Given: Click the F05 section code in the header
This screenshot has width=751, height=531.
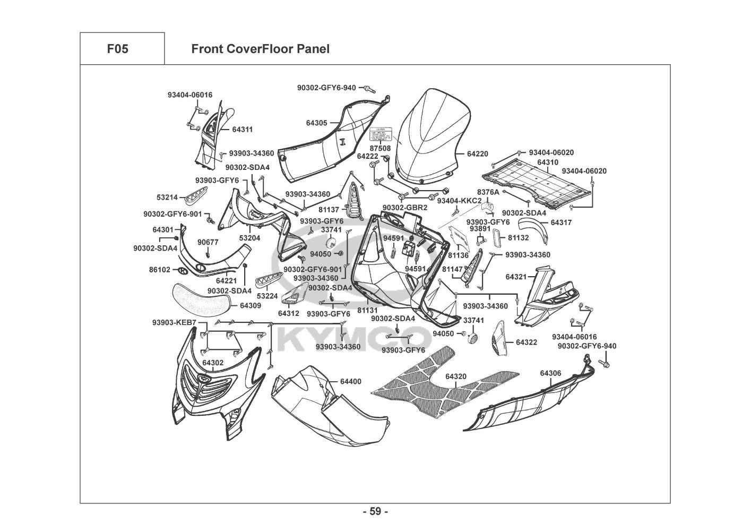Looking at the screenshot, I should pos(117,49).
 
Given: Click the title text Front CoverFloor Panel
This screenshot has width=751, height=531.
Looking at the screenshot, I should pos(260,49).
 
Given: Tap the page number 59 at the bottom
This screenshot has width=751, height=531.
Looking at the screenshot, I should pos(375,512).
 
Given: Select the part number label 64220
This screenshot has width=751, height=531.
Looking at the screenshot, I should pos(477,154).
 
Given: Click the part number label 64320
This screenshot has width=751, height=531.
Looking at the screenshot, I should pos(456,376).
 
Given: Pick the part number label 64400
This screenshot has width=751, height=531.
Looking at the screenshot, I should pos(350,382).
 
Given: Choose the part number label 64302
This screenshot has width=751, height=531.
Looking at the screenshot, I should pos(213,363).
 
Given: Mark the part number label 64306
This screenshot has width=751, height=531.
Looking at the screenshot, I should pos(550,373).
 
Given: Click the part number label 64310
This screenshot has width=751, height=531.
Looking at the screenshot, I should pos(547,162).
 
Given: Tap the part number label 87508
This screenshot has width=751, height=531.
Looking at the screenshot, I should pos(380,148).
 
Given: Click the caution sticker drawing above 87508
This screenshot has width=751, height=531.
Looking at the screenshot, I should pos(380,135).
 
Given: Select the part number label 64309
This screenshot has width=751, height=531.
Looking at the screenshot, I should pos(251,306).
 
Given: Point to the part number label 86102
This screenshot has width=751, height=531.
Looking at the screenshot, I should pos(160,270).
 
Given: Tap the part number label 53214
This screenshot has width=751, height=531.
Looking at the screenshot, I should pos(167,197).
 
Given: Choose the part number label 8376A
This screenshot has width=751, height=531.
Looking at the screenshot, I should pos(488,192).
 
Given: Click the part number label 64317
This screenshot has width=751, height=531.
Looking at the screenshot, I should pos(561,223).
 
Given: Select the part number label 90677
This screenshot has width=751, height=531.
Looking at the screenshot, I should pos(208,242).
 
